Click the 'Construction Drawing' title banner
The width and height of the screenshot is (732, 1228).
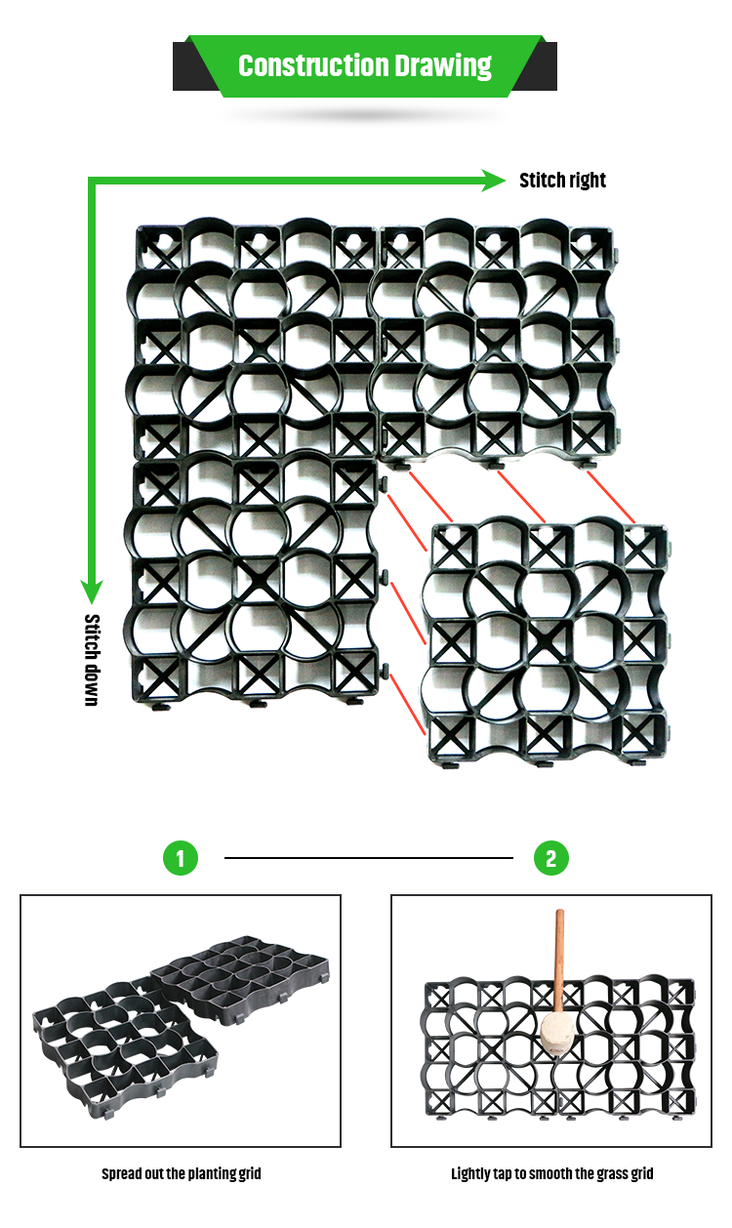[365, 66]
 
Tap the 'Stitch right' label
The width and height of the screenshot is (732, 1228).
[562, 181]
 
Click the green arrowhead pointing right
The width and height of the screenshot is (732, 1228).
[494, 179]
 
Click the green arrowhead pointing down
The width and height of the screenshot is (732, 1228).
[92, 590]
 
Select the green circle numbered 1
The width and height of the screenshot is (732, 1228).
[180, 858]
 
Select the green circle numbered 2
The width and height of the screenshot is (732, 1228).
[551, 858]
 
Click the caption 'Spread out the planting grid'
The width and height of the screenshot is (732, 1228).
[181, 1173]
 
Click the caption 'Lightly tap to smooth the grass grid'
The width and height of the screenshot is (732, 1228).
[551, 1173]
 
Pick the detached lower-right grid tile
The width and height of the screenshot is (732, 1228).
[549, 644]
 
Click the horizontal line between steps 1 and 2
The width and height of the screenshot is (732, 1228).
[368, 858]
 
